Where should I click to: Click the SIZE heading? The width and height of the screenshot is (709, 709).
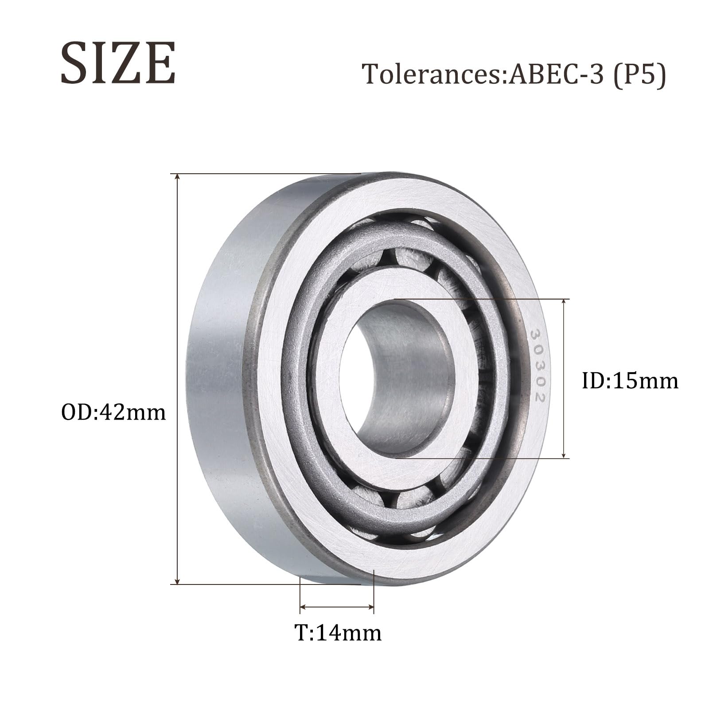click(x=118, y=63)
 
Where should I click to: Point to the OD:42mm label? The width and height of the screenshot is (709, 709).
click(x=113, y=413)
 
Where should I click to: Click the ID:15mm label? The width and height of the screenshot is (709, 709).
click(x=630, y=381)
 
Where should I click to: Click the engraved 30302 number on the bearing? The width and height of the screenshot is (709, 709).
click(x=537, y=366)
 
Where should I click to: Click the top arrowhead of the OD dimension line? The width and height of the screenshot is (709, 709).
click(x=178, y=177)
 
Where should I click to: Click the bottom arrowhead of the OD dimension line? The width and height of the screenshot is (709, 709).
click(x=178, y=581)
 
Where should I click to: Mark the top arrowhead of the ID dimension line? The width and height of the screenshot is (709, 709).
click(x=564, y=302)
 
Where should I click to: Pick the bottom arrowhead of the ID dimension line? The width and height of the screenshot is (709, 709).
click(x=564, y=455)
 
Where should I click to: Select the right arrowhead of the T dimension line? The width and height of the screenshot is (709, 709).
click(x=371, y=607)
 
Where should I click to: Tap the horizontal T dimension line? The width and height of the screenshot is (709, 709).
click(x=337, y=607)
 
